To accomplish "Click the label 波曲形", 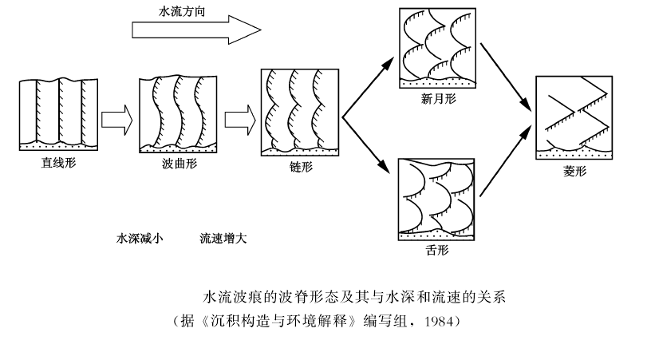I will click(x=178, y=164).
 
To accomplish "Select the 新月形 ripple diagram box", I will click(x=436, y=47).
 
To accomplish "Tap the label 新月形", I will click(x=437, y=99).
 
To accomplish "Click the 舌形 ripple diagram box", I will click(x=436, y=200).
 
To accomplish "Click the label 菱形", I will click(x=573, y=170).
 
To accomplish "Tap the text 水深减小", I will click(x=139, y=238).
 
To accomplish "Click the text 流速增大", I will click(x=223, y=238).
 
